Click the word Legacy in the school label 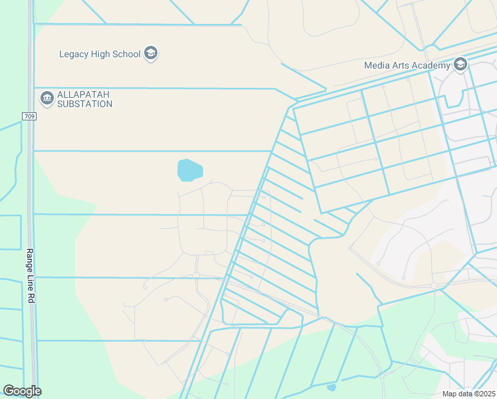pos(74,54)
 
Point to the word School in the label pos(126,54)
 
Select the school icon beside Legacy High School pos(151,53)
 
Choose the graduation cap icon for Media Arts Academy pos(460,65)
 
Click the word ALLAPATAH pos(84,94)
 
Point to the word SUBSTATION pos(84,104)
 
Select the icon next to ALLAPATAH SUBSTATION pos(47,98)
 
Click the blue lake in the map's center pos(189,170)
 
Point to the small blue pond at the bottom pos(332,387)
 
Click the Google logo pos(22,391)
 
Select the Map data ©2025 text pos(468,394)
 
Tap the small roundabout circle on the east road pos(434,285)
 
